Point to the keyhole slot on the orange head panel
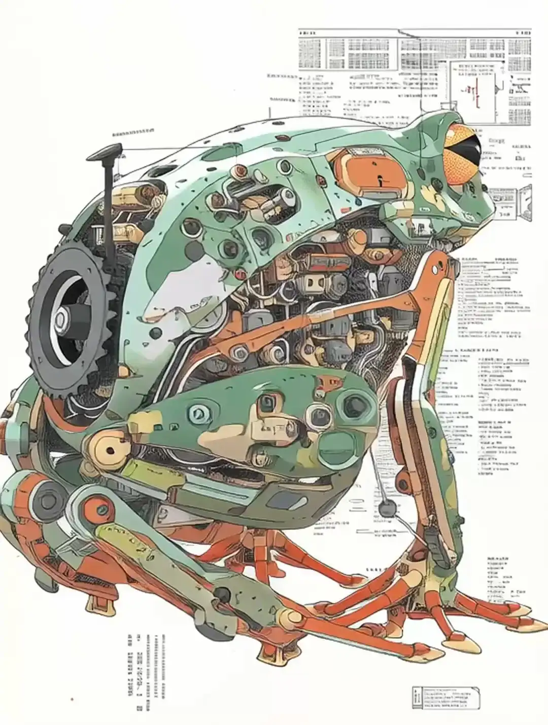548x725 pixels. (380, 178)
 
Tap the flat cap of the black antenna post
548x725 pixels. (107, 150)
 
